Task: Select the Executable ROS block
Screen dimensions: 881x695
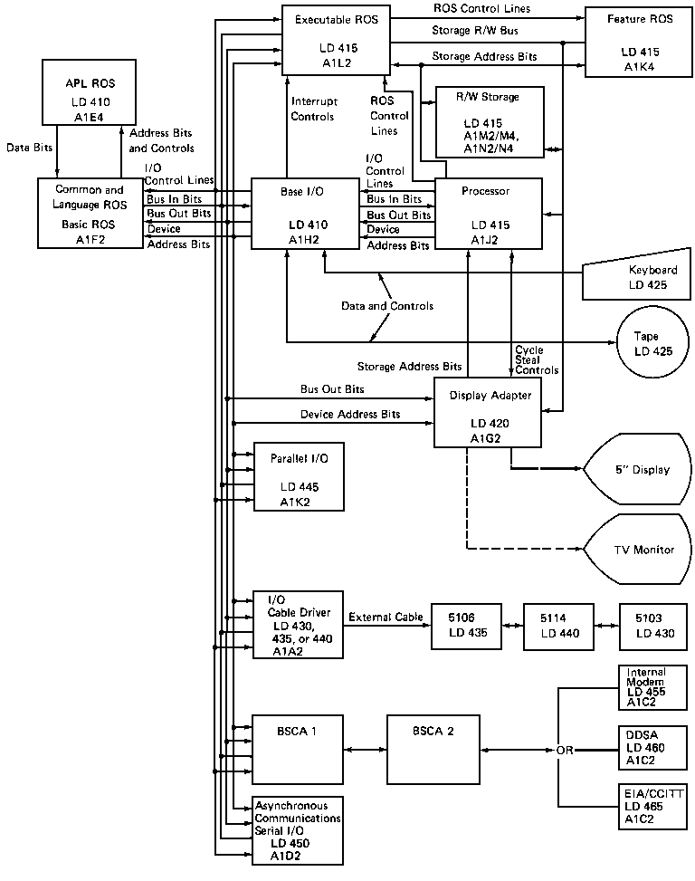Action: tap(335, 40)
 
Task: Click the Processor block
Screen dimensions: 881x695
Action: tap(489, 213)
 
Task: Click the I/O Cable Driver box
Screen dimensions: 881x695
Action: tap(299, 625)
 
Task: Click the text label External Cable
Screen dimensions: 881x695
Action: tap(386, 618)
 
